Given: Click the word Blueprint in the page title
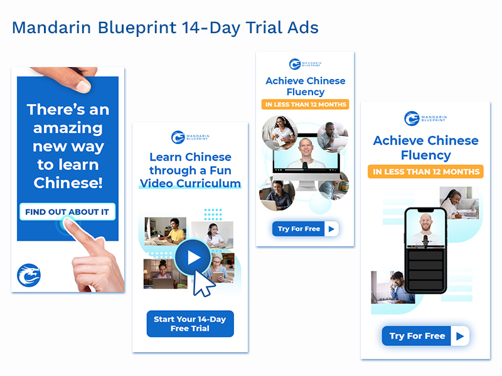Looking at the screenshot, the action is [x=137, y=28].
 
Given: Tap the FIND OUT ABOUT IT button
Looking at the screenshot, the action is [x=67, y=212].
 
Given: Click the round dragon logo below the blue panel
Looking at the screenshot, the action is [x=29, y=275].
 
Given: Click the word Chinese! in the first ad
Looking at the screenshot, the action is [x=68, y=183].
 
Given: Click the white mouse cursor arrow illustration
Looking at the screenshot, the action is [x=203, y=284].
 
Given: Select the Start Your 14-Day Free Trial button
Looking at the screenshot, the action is [x=190, y=323].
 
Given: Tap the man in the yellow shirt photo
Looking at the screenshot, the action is [x=165, y=231].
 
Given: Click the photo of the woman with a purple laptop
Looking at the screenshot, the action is [x=165, y=274].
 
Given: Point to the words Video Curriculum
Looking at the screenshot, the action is [x=191, y=183].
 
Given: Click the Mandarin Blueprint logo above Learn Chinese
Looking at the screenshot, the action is [x=190, y=137].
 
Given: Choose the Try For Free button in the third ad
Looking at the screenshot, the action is [x=306, y=229].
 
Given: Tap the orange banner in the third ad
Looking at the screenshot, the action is [x=306, y=104].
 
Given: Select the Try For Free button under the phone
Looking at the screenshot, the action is [x=425, y=336].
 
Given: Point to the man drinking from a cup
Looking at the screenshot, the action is [x=393, y=287].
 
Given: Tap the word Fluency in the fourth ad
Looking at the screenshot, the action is [x=426, y=155].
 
